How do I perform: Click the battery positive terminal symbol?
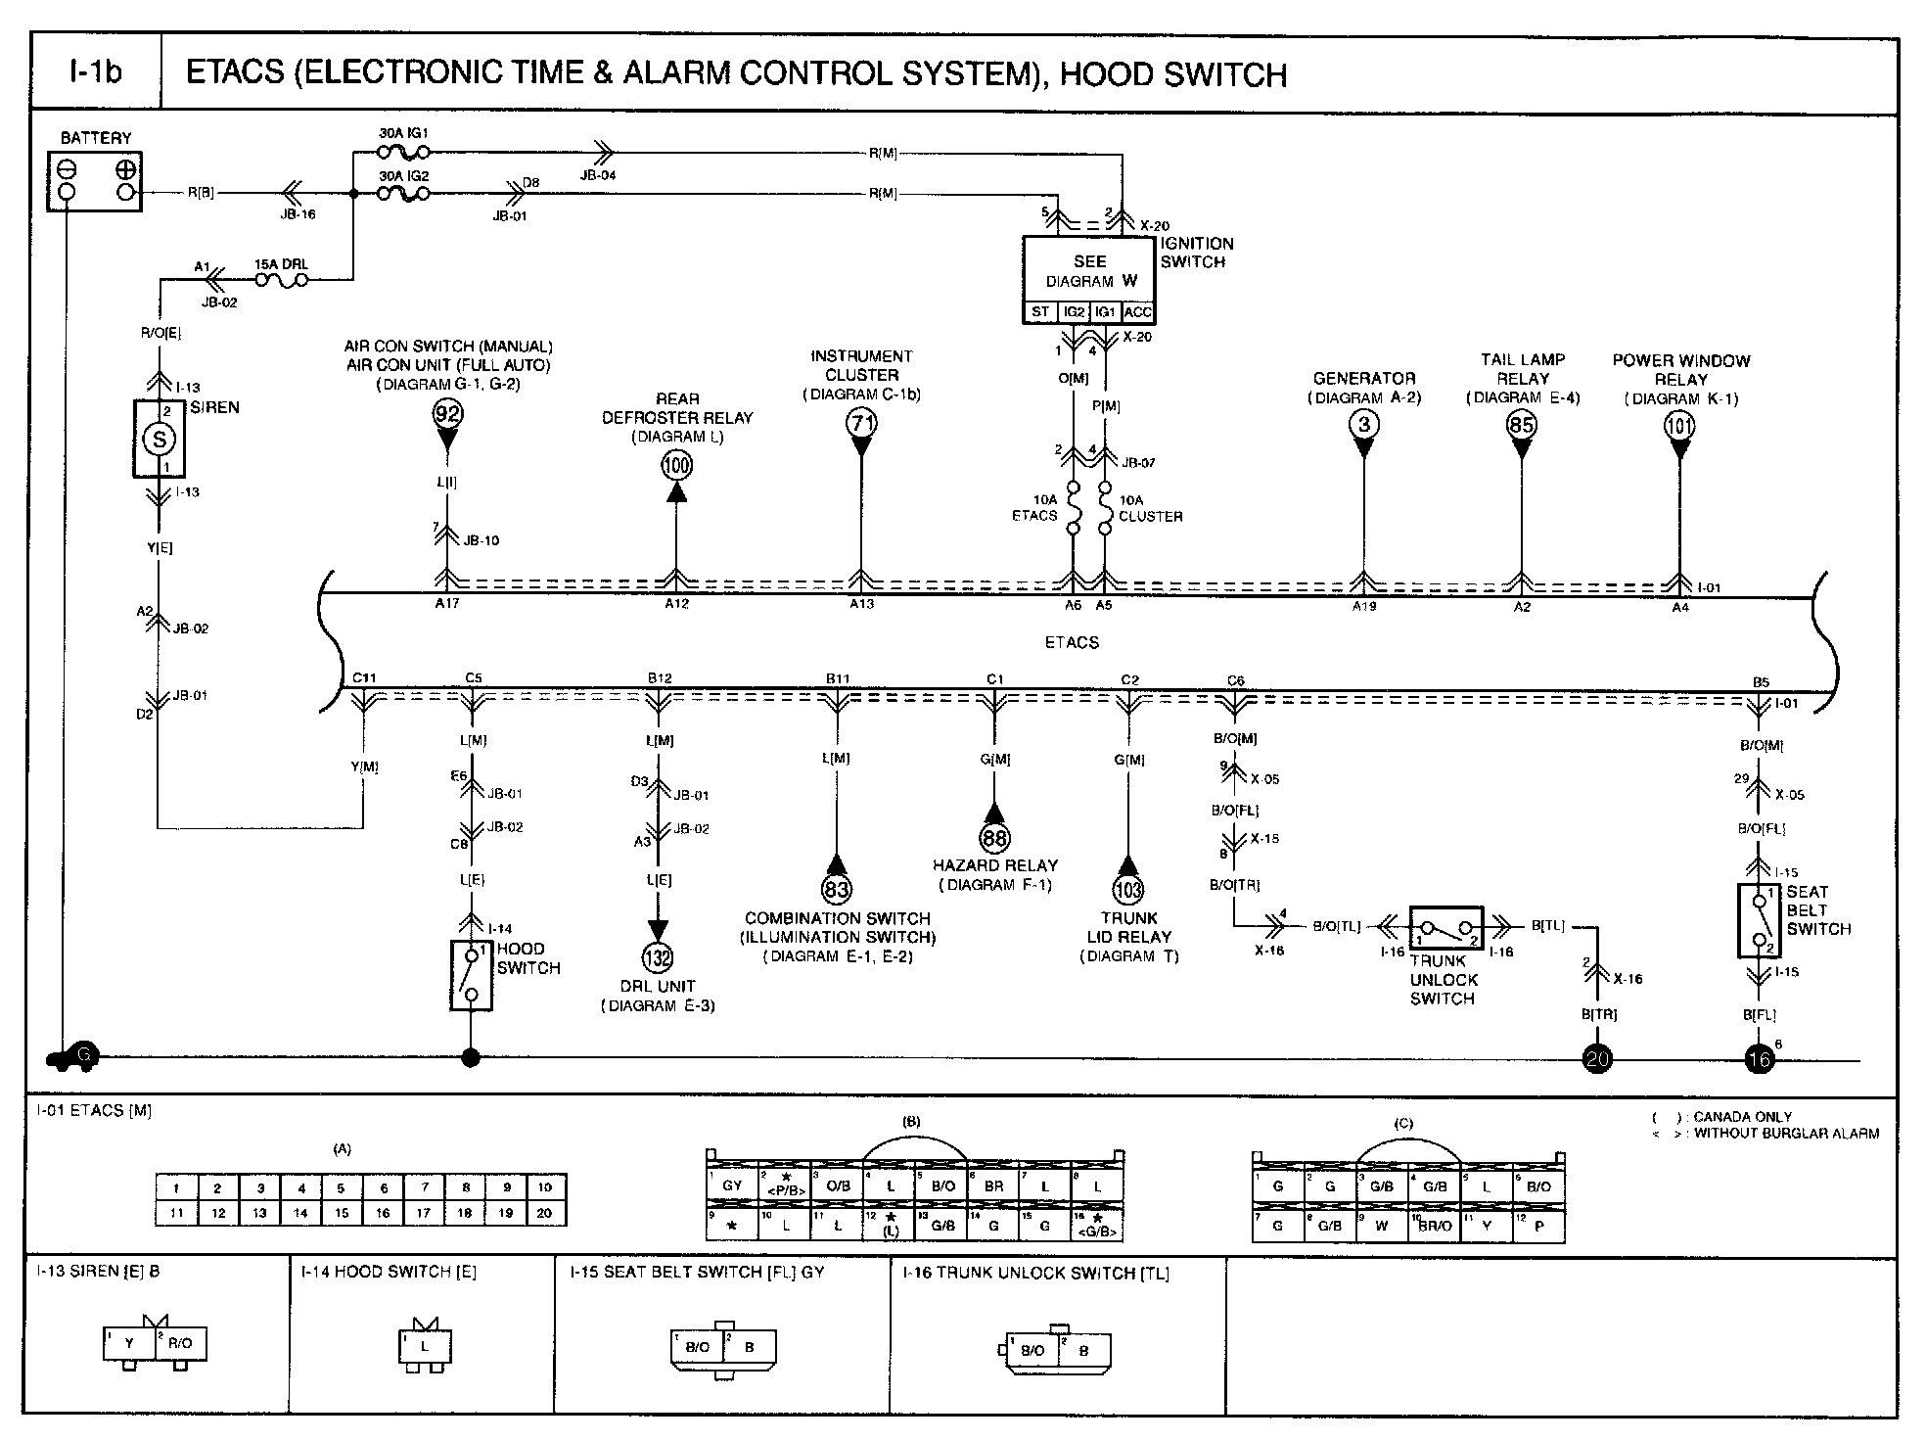click(x=126, y=169)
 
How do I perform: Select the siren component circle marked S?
click(x=160, y=440)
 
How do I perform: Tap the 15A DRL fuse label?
click(x=281, y=264)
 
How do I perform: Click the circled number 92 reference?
click(x=447, y=414)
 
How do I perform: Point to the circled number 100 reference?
click(x=676, y=465)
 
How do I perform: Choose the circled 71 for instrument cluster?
click(x=861, y=423)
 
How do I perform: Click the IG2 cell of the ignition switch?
click(x=1075, y=312)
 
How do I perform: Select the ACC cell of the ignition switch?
click(x=1138, y=312)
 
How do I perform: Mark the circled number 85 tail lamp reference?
click(x=1521, y=424)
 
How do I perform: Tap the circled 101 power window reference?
click(x=1679, y=425)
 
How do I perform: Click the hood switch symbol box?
click(x=472, y=975)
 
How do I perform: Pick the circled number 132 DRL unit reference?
click(x=658, y=957)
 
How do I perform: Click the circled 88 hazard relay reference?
click(x=994, y=838)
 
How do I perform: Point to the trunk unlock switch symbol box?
click(x=1445, y=927)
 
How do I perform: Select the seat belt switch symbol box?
click(x=1759, y=920)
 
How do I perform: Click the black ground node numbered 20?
click(x=1597, y=1059)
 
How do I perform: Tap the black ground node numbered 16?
click(x=1759, y=1059)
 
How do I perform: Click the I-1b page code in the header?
click(x=95, y=73)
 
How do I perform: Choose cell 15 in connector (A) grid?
click(x=342, y=1213)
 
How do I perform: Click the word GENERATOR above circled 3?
click(x=1363, y=379)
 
